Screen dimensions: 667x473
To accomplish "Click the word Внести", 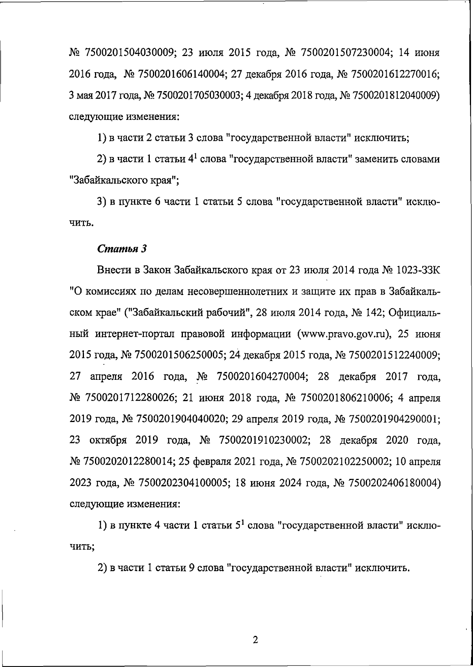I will [x=115, y=271].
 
